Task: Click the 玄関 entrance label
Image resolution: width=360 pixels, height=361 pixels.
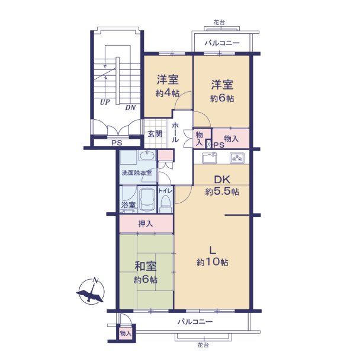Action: coord(155,134)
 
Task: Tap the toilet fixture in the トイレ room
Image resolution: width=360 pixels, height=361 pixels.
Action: coord(166,203)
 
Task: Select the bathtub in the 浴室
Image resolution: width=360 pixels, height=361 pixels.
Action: coord(147,200)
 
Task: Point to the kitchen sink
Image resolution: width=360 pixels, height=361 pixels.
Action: coord(210,158)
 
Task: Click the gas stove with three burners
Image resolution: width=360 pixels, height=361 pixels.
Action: coord(237,158)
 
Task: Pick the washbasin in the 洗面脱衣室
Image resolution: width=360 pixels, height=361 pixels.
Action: coord(147,156)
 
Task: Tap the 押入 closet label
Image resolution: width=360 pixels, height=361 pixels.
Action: coord(146,224)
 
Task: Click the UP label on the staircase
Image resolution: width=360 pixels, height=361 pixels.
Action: coord(105,102)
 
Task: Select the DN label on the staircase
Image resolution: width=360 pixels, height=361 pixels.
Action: coord(130,107)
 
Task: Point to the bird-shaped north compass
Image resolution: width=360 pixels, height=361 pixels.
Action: coord(91,291)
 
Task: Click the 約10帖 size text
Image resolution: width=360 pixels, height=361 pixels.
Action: coord(213,262)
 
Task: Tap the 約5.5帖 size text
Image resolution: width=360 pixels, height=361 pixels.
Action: coord(222,191)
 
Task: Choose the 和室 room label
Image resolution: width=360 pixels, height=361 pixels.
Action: coord(146,266)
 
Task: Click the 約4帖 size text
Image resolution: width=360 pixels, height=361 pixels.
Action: coord(168,93)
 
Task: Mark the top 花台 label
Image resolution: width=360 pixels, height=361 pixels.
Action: coord(219,23)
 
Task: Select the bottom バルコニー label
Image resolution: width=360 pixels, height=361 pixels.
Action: coord(195,322)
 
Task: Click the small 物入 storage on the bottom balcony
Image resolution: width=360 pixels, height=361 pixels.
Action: coord(126,333)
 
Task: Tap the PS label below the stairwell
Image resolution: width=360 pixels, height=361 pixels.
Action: coord(117,143)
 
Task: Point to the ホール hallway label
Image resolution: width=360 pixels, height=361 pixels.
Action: coord(175,132)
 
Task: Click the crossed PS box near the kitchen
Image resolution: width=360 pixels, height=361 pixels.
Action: coord(208,145)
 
